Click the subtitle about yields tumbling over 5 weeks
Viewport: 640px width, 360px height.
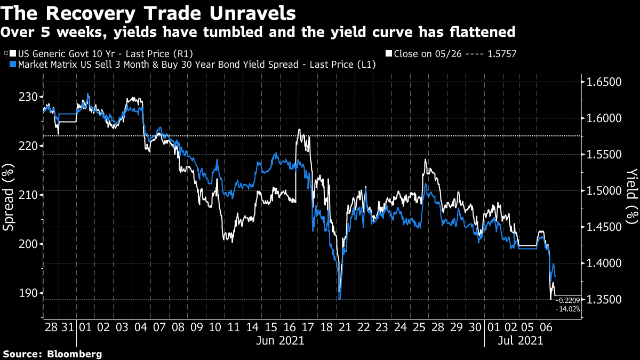[x=258, y=32]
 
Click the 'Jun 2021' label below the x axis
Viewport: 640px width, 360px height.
[x=281, y=340]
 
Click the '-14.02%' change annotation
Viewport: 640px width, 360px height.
[x=567, y=309]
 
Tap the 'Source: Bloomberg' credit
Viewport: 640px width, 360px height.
[x=52, y=354]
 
